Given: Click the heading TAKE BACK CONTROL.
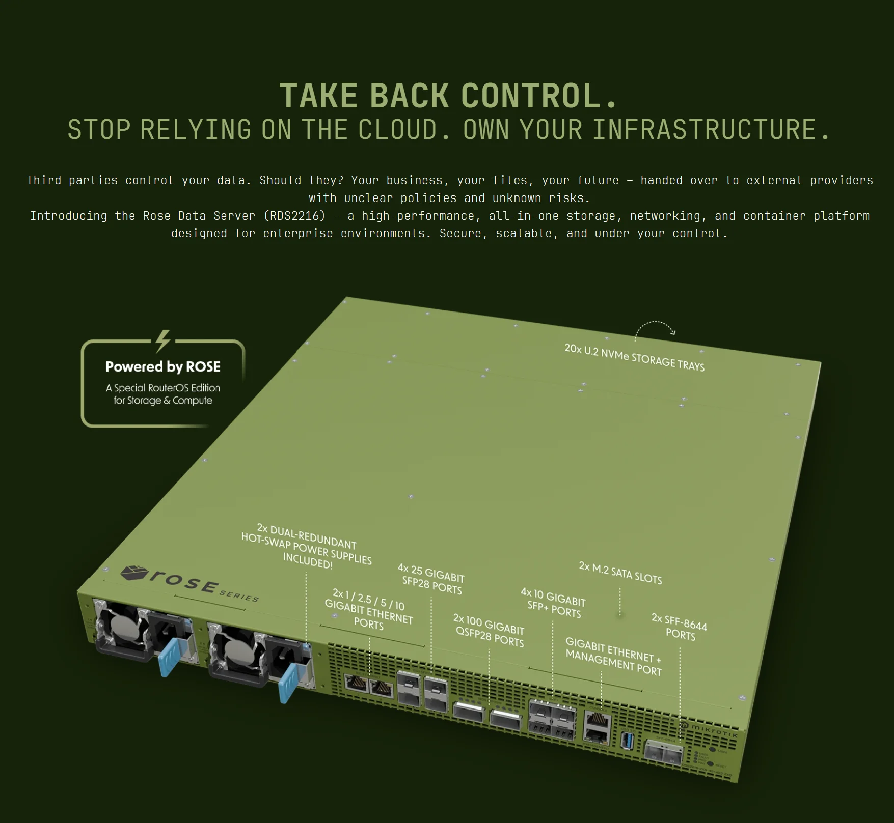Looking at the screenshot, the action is [448, 96].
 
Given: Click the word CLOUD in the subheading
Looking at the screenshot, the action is [404, 130].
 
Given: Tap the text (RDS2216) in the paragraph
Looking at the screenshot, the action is [294, 216].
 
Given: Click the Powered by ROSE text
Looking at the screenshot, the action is [163, 367].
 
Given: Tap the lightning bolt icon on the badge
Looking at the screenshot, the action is [162, 341].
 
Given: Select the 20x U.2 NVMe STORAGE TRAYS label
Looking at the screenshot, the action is [634, 357].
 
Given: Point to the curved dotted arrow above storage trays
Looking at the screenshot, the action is [656, 329].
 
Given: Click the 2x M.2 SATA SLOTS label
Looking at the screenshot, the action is [620, 573].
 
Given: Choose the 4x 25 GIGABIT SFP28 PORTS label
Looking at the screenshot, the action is [431, 579].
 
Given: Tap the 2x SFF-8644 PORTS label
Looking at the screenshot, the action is [680, 627].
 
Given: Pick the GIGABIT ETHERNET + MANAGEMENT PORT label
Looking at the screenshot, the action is [613, 657].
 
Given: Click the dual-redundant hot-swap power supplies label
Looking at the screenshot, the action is [307, 547].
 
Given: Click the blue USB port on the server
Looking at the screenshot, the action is [628, 740].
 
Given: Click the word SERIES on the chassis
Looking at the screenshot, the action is [238, 594].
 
